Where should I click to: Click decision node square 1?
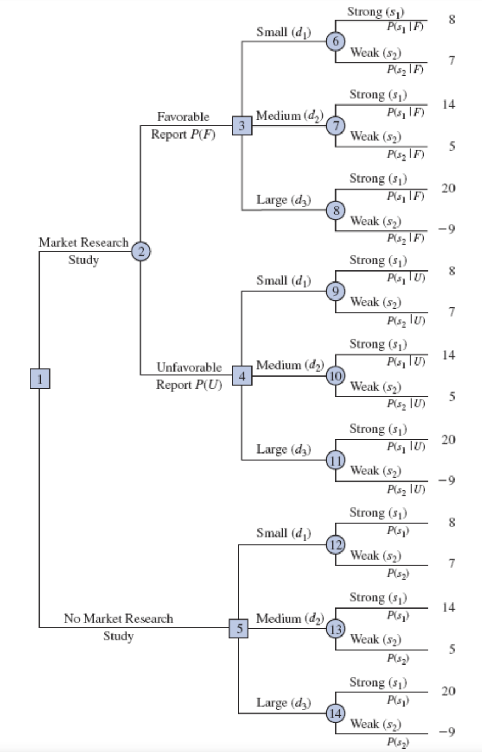pos(40,379)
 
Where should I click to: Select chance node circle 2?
pos(141,252)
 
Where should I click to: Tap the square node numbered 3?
pos(242,126)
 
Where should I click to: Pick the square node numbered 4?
pos(242,376)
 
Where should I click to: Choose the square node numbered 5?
pos(238,628)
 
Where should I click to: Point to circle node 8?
pos(335,211)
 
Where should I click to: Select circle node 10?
pos(335,376)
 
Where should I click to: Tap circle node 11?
pos(335,461)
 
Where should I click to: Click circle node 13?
pos(335,629)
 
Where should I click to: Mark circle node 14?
pos(335,714)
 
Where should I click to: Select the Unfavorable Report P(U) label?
pos(189,375)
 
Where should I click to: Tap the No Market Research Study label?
pos(119,627)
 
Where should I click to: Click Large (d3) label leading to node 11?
pos(284,450)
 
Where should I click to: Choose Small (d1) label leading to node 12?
pos(284,533)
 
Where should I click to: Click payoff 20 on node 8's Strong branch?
pos(448,189)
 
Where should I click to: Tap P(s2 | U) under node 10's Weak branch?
pos(406,404)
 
